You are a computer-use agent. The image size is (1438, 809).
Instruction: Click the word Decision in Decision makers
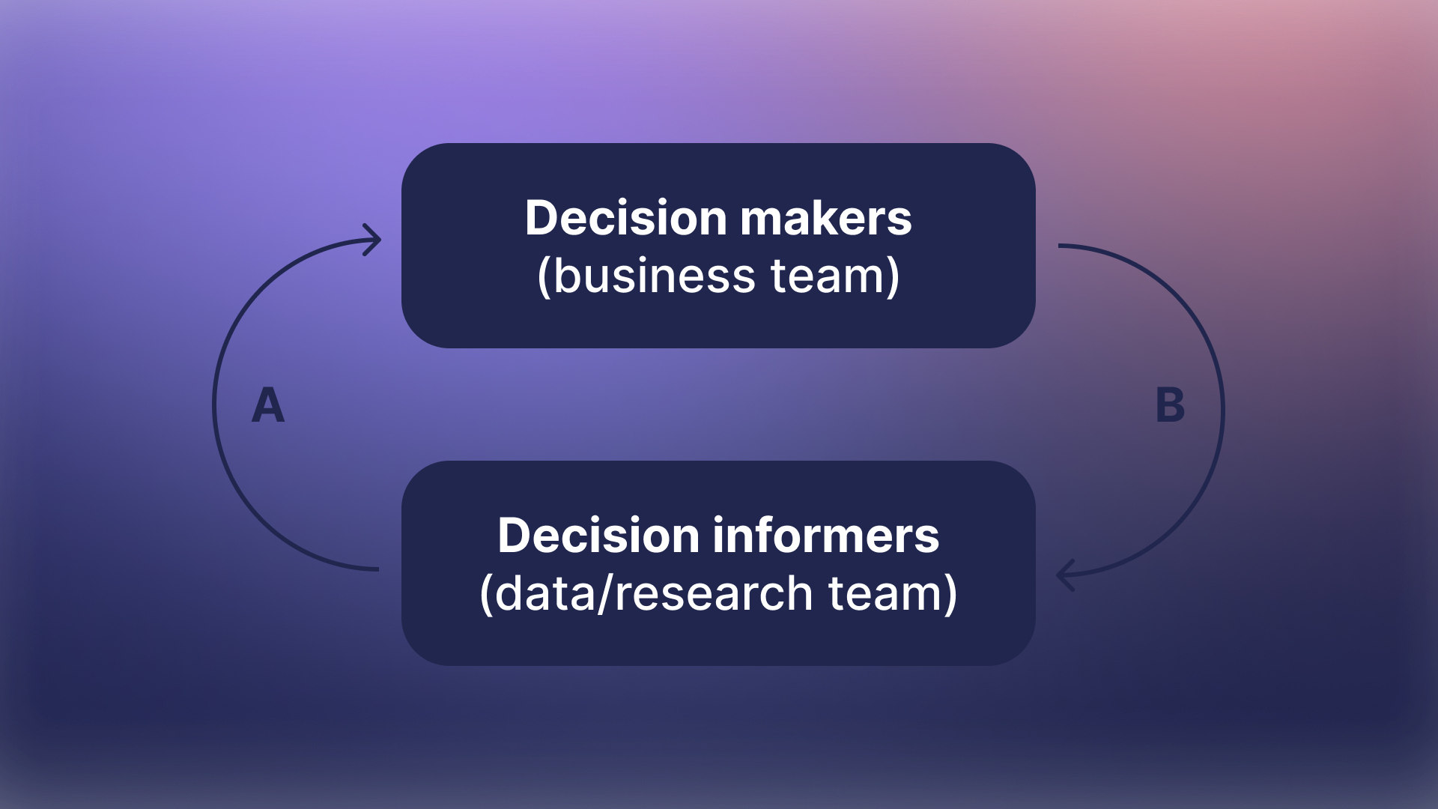pyautogui.click(x=625, y=218)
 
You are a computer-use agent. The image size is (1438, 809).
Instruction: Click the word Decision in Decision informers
pyautogui.click(x=598, y=536)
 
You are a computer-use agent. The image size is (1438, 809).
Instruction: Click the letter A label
pyautogui.click(x=268, y=405)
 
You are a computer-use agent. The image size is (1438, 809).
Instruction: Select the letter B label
pyautogui.click(x=1170, y=405)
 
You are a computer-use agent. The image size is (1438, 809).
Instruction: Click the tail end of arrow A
pyautogui.click(x=376, y=569)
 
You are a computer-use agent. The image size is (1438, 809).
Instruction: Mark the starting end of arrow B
pyautogui.click(x=1061, y=246)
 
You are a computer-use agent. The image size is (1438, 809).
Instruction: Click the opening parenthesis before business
pyautogui.click(x=544, y=277)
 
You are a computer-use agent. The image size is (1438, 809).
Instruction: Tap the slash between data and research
pyautogui.click(x=606, y=593)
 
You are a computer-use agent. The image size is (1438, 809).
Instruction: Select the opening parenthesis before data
pyautogui.click(x=486, y=595)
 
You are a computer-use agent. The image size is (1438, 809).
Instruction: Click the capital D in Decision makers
pyautogui.click(x=543, y=218)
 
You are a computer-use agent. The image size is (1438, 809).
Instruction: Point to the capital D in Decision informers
pyautogui.click(x=516, y=536)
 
